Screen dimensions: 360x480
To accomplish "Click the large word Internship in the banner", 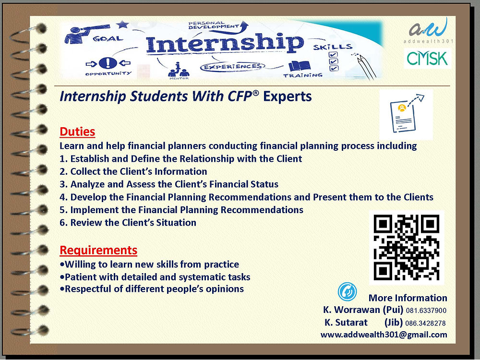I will click(x=225, y=44).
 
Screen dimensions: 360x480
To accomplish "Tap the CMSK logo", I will click(x=427, y=59).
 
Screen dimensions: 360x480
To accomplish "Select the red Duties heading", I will click(x=77, y=132).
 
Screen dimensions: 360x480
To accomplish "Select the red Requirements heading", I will click(x=98, y=250).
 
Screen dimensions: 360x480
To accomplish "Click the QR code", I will click(x=407, y=248).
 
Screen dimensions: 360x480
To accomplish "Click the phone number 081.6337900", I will click(x=427, y=310).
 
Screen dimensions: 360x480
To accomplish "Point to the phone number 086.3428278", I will click(x=426, y=323).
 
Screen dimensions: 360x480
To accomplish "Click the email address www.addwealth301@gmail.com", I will click(x=384, y=335).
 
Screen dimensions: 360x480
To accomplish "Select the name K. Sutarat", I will click(x=346, y=323).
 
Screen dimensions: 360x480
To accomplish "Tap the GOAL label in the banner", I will click(x=108, y=38).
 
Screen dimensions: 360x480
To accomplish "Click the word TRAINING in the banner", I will click(x=302, y=75).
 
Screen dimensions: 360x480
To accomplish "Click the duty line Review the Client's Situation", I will click(x=128, y=222).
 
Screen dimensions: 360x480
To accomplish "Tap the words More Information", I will click(x=408, y=298).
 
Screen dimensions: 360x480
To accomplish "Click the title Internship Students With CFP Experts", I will click(x=185, y=97).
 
